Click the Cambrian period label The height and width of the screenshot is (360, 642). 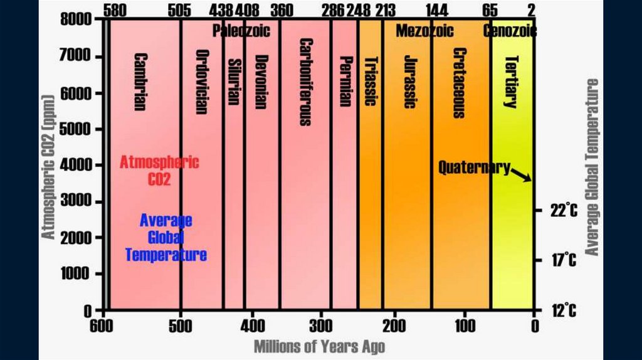click(x=140, y=82)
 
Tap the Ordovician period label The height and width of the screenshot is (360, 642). click(x=201, y=82)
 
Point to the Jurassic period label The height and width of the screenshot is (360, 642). click(x=409, y=82)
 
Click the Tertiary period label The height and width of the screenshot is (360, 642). click(x=511, y=82)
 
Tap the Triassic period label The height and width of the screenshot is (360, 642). click(x=371, y=82)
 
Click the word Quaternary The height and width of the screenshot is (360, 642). click(x=473, y=167)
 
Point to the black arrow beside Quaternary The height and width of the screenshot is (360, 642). click(x=522, y=174)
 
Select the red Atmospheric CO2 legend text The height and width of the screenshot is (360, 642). click(x=159, y=171)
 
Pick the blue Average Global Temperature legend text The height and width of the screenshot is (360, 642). click(x=166, y=238)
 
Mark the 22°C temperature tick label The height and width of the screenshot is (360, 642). click(x=564, y=211)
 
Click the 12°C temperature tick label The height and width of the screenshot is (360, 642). click(x=564, y=310)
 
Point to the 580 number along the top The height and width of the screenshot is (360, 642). click(x=114, y=10)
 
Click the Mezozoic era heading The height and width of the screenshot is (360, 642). click(x=424, y=30)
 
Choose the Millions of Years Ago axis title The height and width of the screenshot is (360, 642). click(x=319, y=346)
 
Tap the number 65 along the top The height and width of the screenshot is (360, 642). click(x=490, y=10)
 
